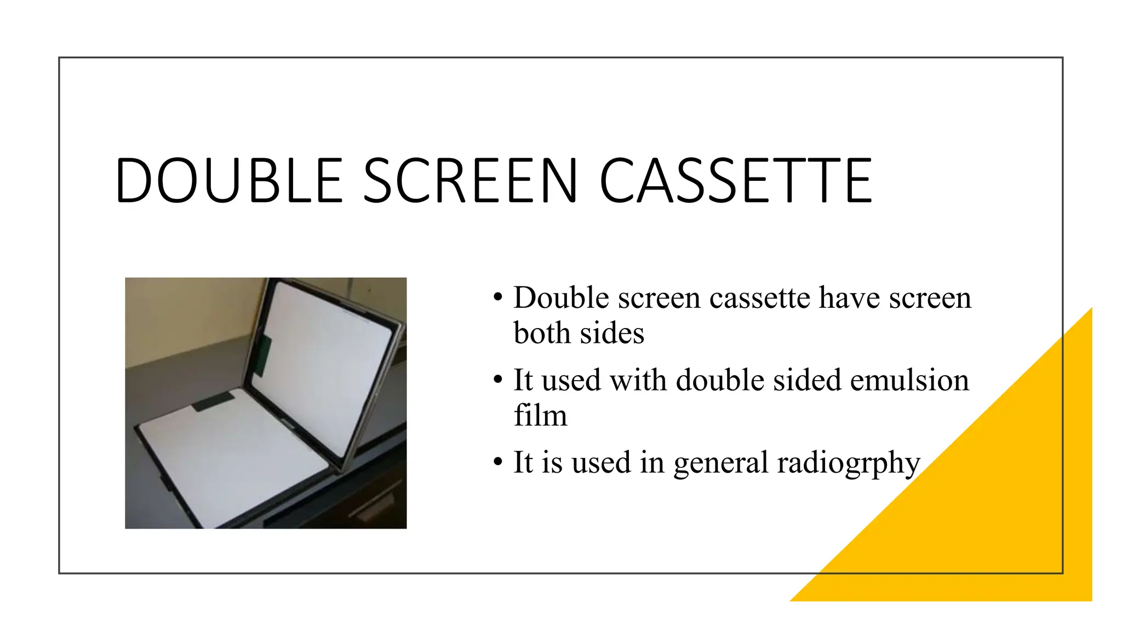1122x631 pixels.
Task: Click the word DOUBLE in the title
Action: click(x=229, y=181)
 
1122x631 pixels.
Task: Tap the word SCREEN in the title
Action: click(x=470, y=181)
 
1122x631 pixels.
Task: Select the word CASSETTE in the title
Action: click(x=735, y=181)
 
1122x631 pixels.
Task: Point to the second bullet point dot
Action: click(x=497, y=380)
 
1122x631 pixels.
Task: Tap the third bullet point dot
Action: click(x=497, y=462)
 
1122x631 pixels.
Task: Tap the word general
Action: click(x=721, y=463)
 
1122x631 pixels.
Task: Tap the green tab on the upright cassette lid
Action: click(x=262, y=356)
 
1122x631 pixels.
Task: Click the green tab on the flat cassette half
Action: click(x=214, y=401)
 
